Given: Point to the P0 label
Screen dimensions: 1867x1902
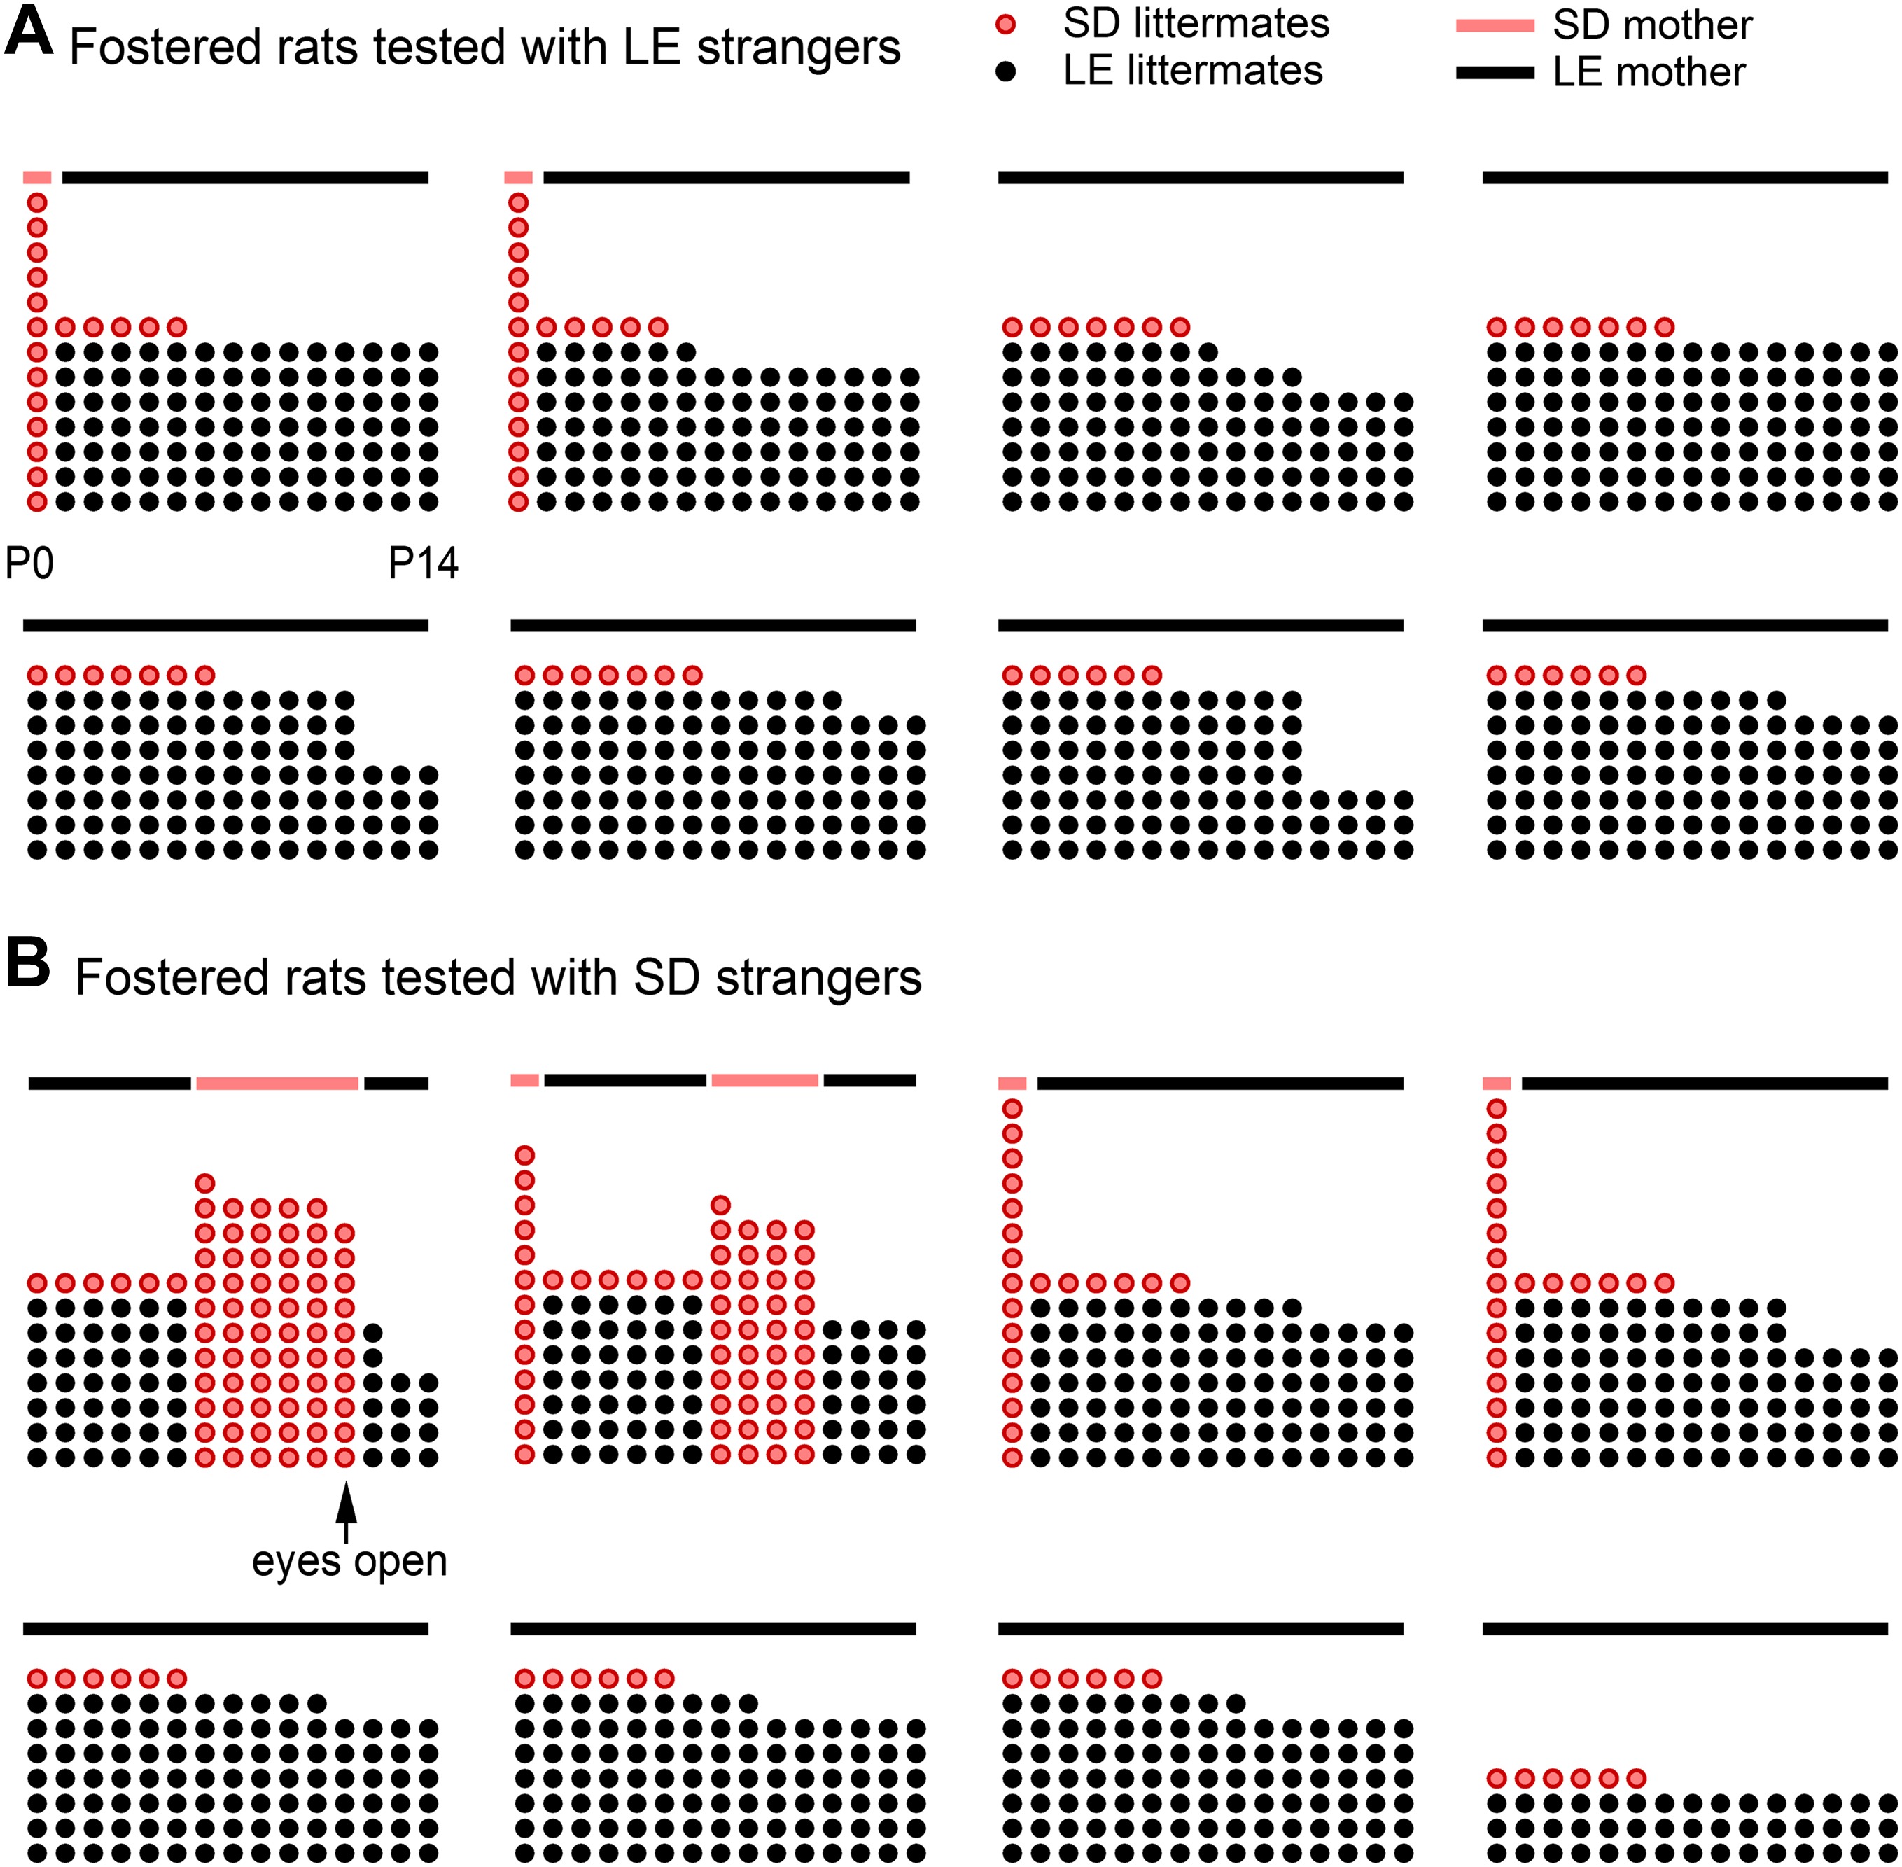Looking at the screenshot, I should point(29,564).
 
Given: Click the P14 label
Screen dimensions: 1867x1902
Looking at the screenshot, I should point(424,564).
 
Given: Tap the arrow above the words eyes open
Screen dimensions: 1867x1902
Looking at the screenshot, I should point(345,1511).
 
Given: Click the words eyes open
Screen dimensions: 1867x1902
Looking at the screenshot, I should point(349,1561).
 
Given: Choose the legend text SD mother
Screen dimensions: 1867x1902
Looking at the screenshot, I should point(1652,25).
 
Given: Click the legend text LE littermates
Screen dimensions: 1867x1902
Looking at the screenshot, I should point(1193,71).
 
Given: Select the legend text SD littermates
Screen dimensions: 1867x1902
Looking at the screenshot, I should point(1196,25).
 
